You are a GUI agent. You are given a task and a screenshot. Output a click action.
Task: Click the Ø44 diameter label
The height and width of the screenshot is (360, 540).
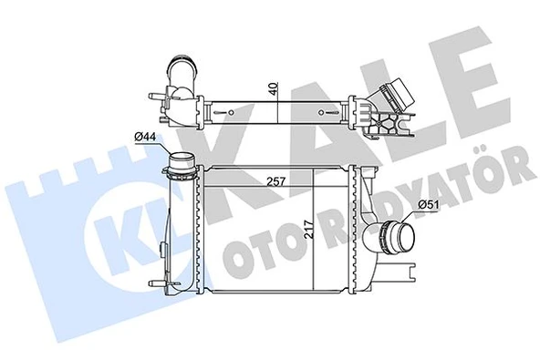pyautogui.click(x=146, y=137)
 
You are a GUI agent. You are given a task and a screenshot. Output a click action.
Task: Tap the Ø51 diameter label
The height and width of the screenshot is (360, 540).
pyautogui.click(x=428, y=203)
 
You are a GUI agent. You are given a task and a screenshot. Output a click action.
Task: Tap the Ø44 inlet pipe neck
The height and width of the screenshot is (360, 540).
pyautogui.click(x=179, y=168)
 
